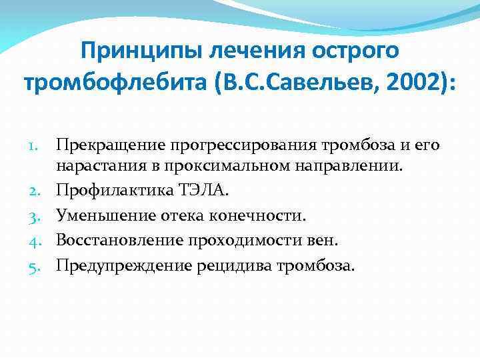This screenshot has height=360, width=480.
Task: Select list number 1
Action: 41,146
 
